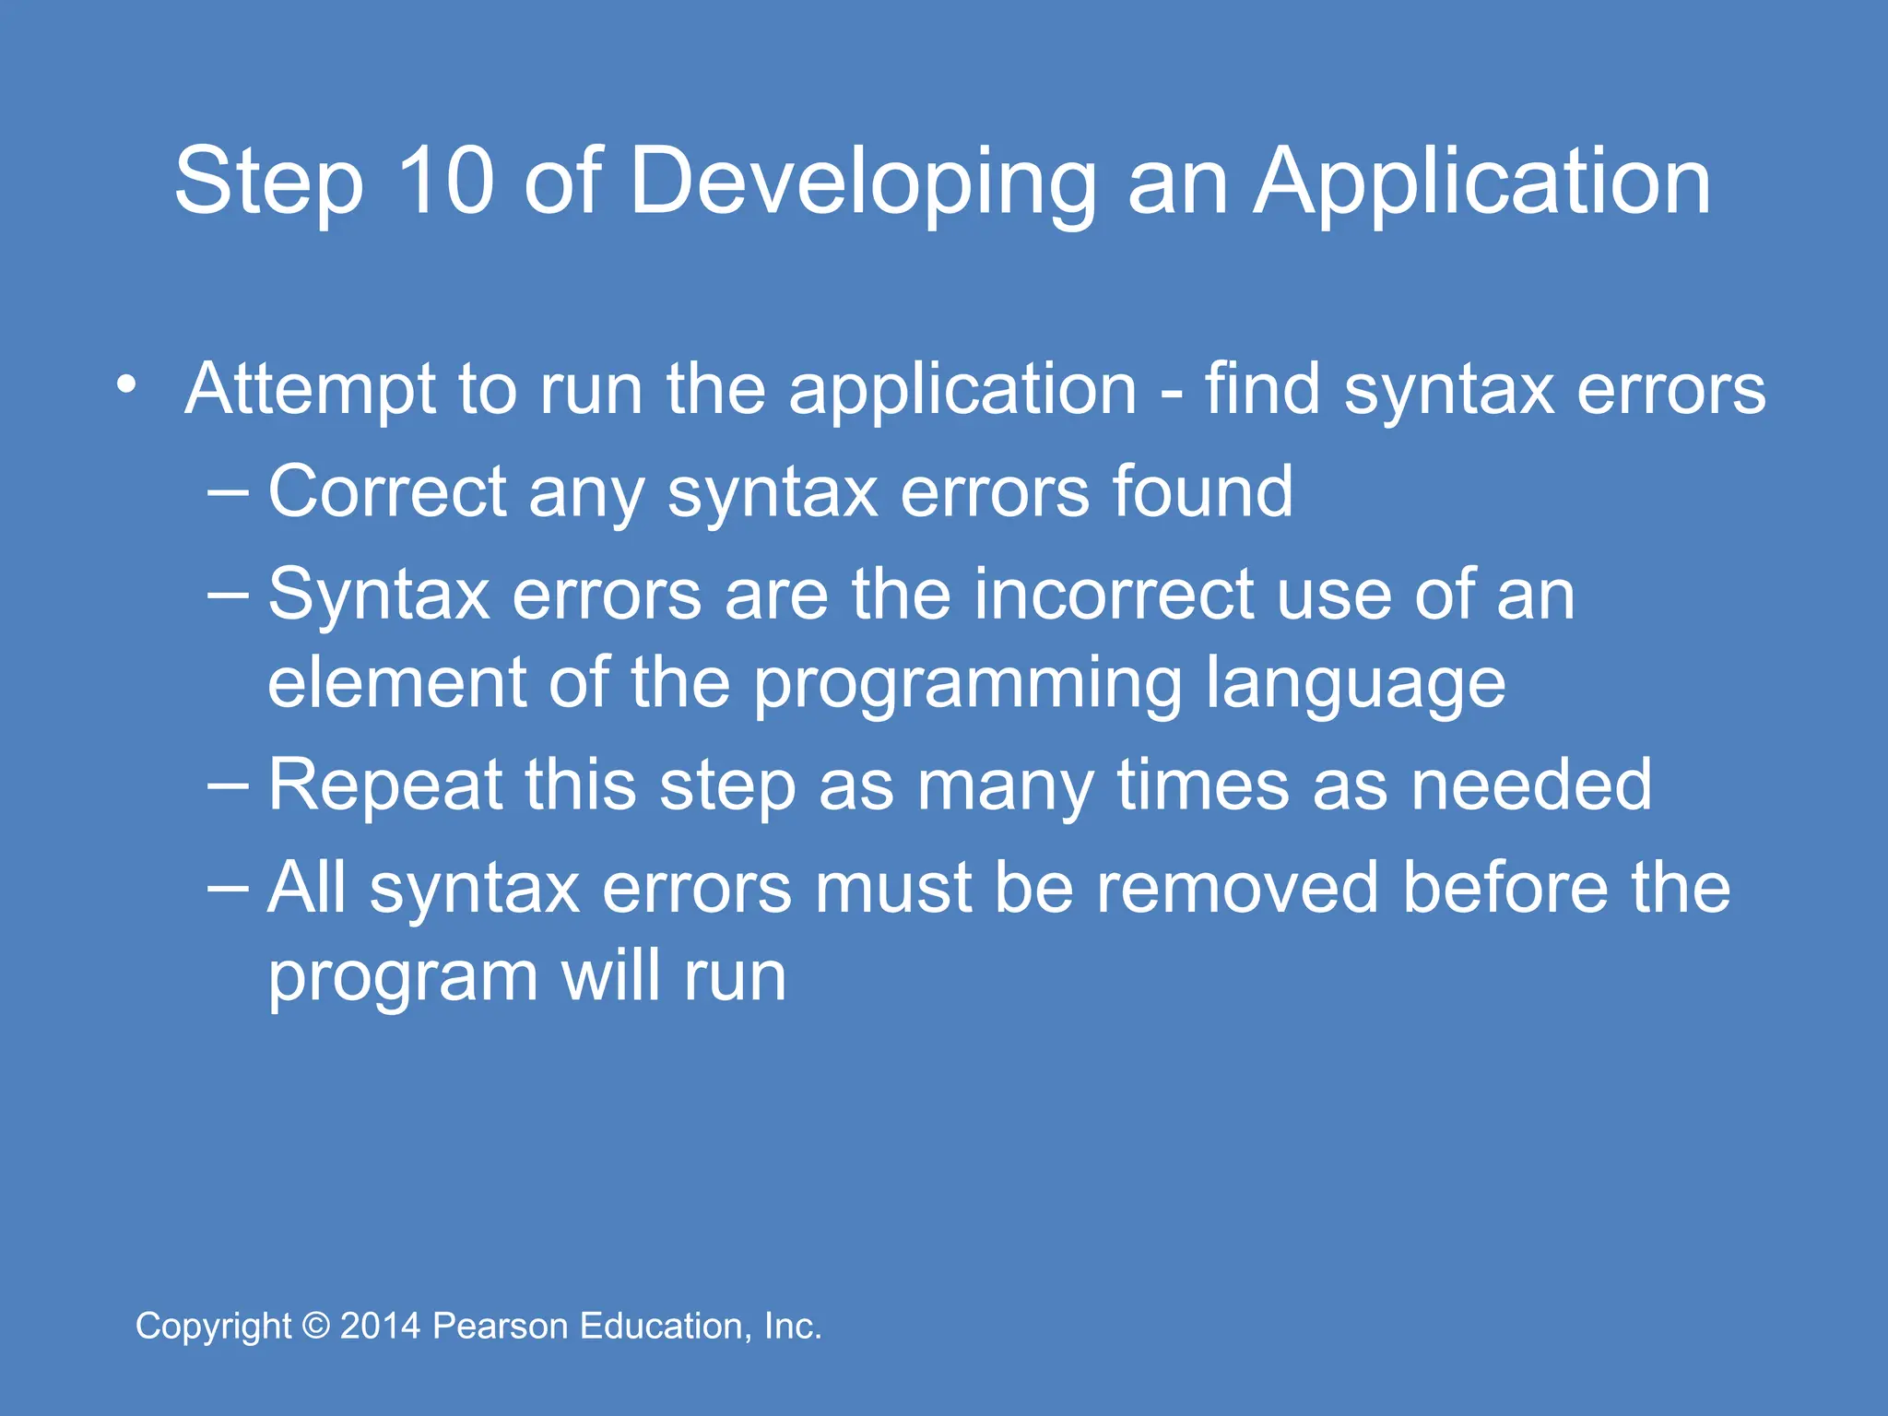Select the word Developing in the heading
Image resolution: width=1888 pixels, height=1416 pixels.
coord(863,182)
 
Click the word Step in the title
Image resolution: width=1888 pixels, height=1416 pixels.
coord(269,182)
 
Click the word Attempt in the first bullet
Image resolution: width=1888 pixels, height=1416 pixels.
coord(310,390)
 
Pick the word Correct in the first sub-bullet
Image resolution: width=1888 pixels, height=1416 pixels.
coord(387,491)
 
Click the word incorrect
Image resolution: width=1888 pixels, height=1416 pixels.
coord(1114,595)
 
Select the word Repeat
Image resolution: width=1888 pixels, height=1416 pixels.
coord(385,786)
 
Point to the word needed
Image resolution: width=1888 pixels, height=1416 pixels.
coord(1531,785)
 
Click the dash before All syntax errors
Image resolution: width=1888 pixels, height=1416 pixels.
coord(228,887)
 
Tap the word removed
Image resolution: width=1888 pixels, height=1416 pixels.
coord(1237,889)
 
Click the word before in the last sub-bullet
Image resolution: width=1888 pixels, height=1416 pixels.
coord(1504,889)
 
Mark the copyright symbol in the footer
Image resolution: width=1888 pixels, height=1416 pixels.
coord(316,1326)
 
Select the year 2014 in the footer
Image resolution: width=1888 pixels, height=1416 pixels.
coord(381,1326)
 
